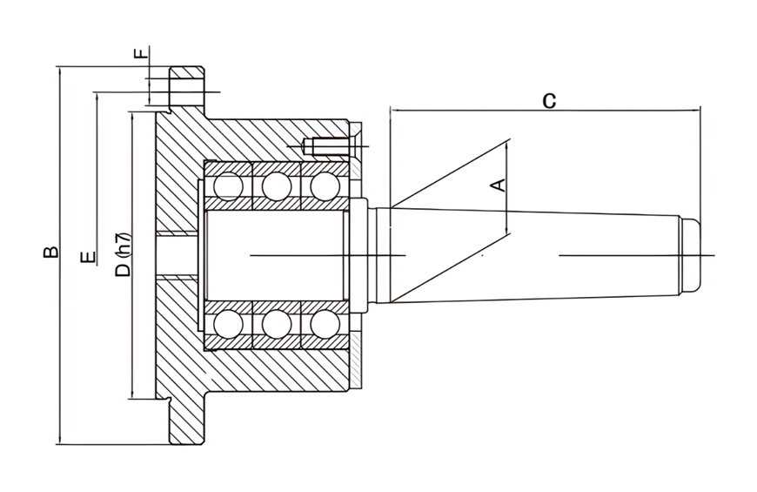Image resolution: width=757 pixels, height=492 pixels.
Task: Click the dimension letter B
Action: click(50, 252)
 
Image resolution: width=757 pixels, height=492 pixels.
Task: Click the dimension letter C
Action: click(549, 99)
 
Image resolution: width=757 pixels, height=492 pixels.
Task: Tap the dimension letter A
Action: click(498, 185)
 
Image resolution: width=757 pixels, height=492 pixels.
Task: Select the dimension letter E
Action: click(86, 259)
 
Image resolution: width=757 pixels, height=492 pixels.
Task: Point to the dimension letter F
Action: click(138, 54)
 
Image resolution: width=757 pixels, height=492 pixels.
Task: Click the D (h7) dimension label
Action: click(123, 253)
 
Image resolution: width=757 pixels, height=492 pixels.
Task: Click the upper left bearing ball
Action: click(228, 185)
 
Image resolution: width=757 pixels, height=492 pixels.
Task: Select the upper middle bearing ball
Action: click(277, 185)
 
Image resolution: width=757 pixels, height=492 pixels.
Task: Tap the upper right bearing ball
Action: click(324, 185)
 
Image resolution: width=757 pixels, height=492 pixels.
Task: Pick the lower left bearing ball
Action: click(228, 324)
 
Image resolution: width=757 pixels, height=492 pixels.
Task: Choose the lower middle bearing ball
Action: click(277, 324)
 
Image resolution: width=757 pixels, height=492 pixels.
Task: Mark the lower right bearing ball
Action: click(324, 324)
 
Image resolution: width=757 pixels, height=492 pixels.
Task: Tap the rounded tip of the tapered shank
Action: click(691, 254)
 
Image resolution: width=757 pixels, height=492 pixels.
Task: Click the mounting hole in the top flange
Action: click(185, 87)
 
